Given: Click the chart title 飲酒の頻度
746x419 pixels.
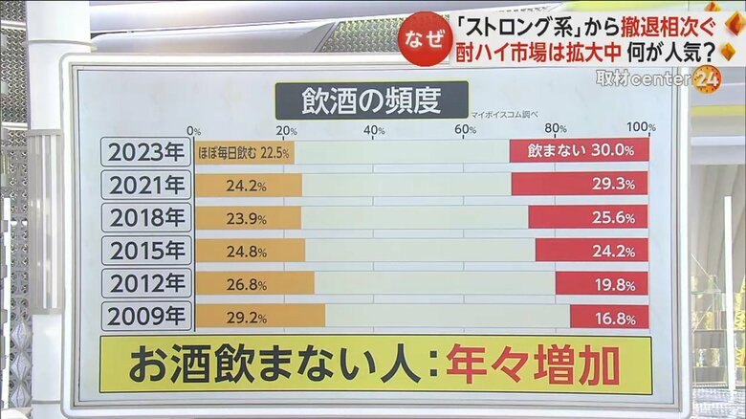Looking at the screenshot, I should pos(371,99).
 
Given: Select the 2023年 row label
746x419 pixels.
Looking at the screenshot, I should pos(145,152).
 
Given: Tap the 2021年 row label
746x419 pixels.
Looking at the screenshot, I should pos(145,185).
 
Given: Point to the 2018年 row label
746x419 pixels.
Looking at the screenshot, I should pos(145,217).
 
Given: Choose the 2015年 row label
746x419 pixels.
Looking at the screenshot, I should pos(145,251).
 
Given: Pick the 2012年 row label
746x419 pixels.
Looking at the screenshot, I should pos(145,283).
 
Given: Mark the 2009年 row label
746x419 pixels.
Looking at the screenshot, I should pos(145,316).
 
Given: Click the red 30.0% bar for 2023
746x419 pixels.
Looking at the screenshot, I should pos(579,151).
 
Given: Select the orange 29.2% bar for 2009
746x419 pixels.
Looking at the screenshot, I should pos(259,317).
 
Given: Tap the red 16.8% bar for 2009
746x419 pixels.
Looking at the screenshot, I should pos(609,317).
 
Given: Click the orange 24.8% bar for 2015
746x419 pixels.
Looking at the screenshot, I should pos(250,251).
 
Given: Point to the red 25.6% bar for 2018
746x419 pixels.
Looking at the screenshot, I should pos(588,217).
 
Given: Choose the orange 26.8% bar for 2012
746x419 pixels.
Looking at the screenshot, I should pos(254,283).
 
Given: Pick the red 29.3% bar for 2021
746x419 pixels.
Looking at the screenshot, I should pos(580,185).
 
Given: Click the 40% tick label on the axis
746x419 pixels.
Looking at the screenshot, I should pos(373,130).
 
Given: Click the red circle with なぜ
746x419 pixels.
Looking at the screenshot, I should pos(424,38).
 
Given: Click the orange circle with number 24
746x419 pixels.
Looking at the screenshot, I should pos(707,79).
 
